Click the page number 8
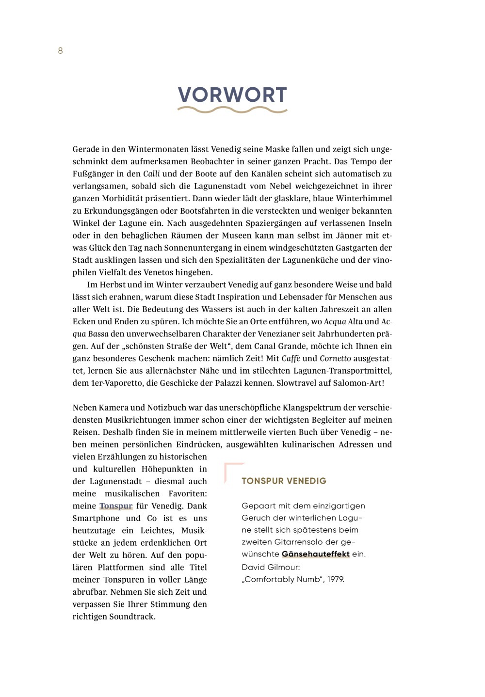60,51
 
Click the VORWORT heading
232,95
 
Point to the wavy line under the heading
232,110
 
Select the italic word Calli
151,174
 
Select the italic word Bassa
98,334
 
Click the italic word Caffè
291,359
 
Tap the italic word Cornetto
335,359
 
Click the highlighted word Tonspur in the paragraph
116,506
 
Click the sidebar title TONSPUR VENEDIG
284,481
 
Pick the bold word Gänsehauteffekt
315,554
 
